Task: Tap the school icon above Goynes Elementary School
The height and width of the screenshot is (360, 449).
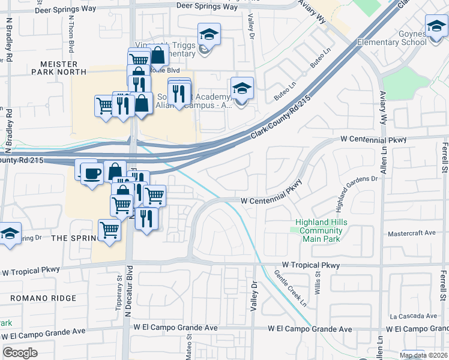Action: (x=436, y=26)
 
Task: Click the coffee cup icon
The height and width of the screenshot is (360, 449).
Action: (x=91, y=174)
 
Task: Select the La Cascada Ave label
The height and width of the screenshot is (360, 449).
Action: (x=413, y=316)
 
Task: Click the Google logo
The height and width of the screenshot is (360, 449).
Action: (x=20, y=353)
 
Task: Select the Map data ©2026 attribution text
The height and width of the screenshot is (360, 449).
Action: (x=423, y=355)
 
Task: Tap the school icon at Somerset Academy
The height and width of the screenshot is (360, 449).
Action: (x=242, y=88)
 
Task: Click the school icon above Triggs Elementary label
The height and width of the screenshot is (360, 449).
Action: (x=209, y=34)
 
